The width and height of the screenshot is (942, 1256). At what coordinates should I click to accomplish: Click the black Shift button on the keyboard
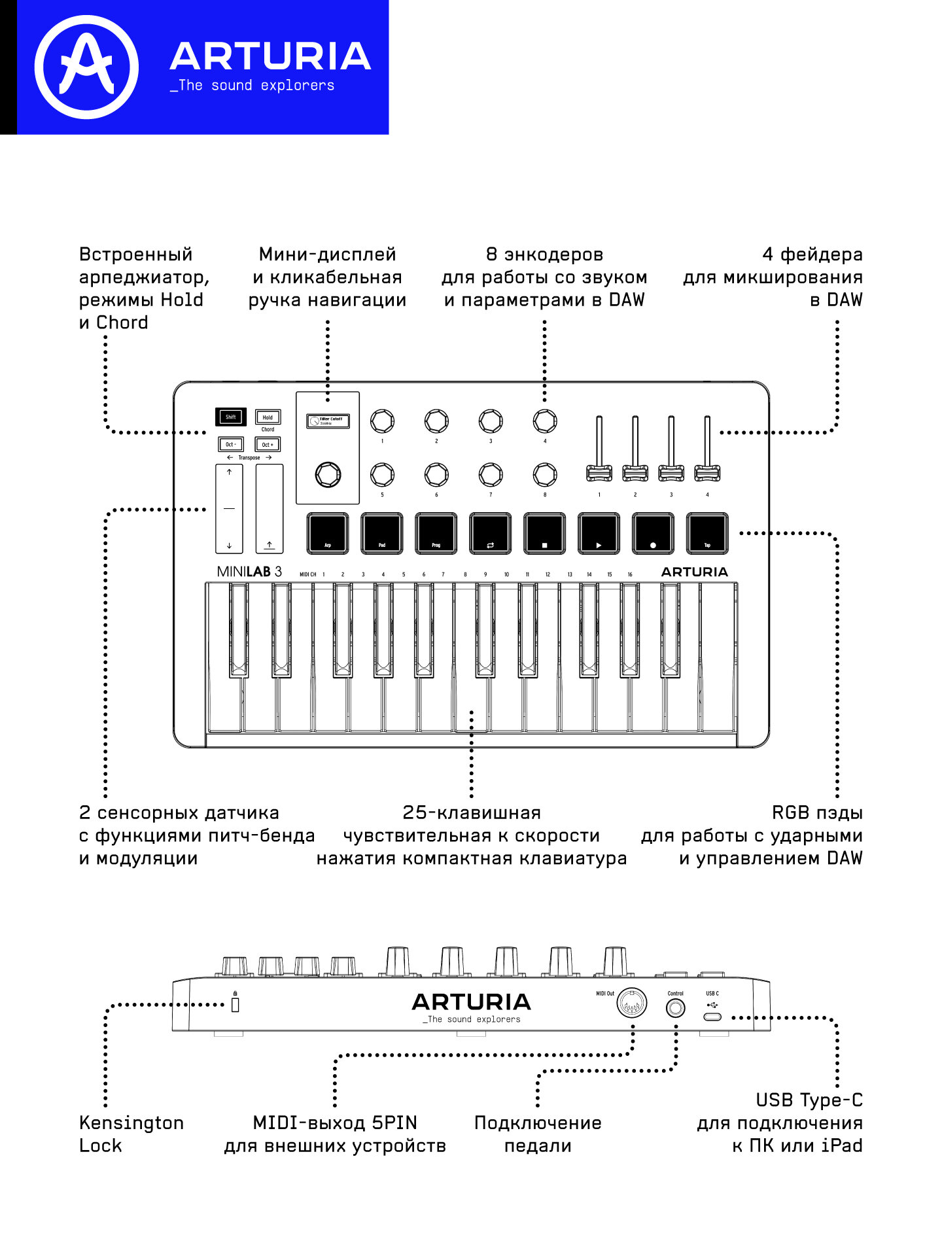click(x=230, y=417)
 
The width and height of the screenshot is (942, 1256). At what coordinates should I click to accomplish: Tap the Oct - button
click(x=230, y=444)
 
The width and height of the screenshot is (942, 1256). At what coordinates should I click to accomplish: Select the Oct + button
click(x=268, y=444)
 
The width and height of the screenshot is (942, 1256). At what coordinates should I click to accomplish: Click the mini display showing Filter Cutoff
click(x=328, y=421)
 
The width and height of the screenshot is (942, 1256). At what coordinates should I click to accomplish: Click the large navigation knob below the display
click(x=328, y=474)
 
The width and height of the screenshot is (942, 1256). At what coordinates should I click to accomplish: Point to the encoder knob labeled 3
click(x=491, y=421)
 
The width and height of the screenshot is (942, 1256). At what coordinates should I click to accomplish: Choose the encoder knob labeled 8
click(x=545, y=474)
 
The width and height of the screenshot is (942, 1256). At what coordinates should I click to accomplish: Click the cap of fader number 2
click(x=635, y=472)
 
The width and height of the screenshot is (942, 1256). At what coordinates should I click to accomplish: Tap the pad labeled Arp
click(x=328, y=533)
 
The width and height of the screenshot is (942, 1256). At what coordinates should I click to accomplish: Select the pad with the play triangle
click(x=599, y=533)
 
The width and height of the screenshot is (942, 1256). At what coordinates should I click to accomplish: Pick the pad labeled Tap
click(x=707, y=533)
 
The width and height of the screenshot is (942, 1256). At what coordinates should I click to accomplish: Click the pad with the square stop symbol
click(x=544, y=533)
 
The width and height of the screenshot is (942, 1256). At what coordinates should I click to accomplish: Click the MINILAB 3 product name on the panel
click(x=249, y=572)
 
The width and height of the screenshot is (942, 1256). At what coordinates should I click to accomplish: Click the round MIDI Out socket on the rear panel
click(x=631, y=1002)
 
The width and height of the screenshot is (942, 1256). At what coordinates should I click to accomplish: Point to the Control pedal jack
click(x=676, y=1008)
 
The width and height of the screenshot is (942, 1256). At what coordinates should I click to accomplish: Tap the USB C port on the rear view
click(x=712, y=1017)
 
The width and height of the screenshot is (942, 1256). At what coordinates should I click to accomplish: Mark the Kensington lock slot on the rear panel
click(x=235, y=1004)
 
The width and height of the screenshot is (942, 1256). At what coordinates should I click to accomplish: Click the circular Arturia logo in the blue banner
click(x=86, y=67)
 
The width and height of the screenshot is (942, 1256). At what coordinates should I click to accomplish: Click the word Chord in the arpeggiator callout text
click(x=122, y=323)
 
